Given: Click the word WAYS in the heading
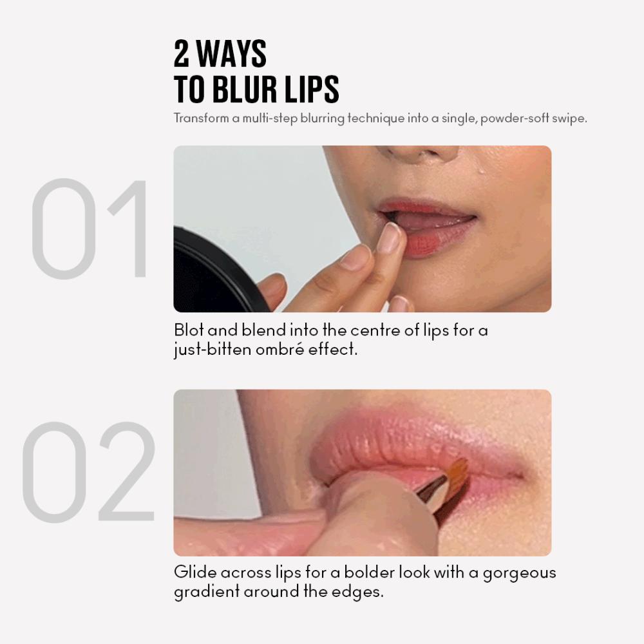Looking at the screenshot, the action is click(232, 53).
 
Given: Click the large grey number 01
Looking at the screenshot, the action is click(89, 229).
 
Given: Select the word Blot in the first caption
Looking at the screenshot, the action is click(189, 330).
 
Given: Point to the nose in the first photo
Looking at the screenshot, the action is click(423, 153).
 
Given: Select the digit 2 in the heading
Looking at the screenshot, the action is click(182, 53).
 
